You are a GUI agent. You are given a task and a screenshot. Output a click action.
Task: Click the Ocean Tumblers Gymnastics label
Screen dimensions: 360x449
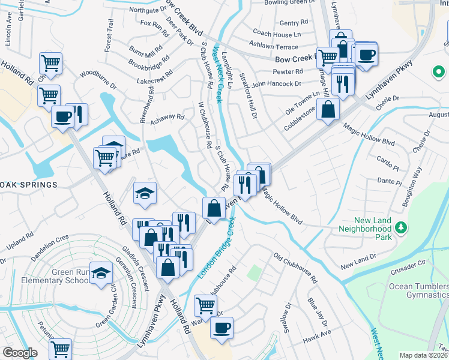[418, 290]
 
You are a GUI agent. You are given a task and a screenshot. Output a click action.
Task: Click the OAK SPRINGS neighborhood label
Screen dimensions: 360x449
[28, 185]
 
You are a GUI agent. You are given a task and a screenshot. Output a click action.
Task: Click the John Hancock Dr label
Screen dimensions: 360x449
[276, 84]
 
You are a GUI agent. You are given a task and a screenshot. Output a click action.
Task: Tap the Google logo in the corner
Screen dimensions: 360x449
[20, 352]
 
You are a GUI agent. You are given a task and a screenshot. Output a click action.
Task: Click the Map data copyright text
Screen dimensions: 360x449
[424, 355]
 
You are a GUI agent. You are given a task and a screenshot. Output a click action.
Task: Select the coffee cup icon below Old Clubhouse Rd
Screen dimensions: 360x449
[221, 328]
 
